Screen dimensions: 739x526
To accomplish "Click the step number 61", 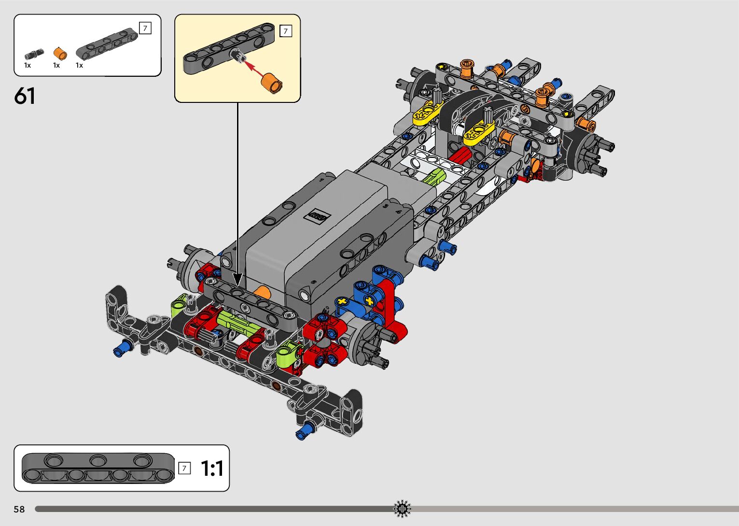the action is (25, 96).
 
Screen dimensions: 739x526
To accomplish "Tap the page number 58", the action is (19, 509).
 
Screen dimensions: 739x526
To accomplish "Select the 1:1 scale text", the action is (212, 468).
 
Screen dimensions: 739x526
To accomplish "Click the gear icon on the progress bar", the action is (402, 509).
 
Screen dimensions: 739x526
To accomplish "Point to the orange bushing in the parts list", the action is (60, 54).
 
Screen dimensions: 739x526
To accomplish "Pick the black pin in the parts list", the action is (34, 54).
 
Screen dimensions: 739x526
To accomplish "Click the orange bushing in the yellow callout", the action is (272, 83).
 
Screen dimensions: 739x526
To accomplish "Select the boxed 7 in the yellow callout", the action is (286, 31).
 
